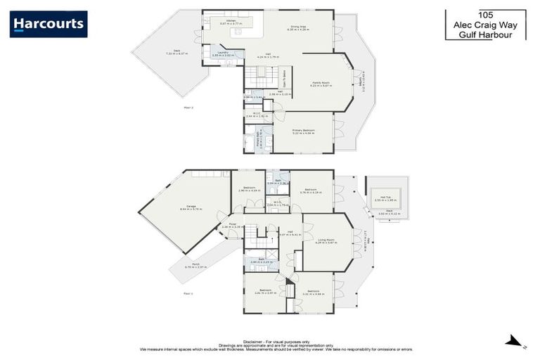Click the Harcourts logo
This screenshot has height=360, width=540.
(x=49, y=24)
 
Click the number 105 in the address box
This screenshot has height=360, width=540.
(x=485, y=14)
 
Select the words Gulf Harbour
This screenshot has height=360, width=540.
(x=485, y=33)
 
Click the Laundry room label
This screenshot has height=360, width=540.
(x=222, y=53)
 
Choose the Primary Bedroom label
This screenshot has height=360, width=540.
(x=304, y=131)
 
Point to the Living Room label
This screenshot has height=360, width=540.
(x=327, y=241)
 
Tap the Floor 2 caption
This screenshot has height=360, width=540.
(x=188, y=108)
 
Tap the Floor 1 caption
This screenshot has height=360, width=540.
(x=188, y=293)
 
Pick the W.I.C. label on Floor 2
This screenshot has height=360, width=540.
(x=257, y=113)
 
